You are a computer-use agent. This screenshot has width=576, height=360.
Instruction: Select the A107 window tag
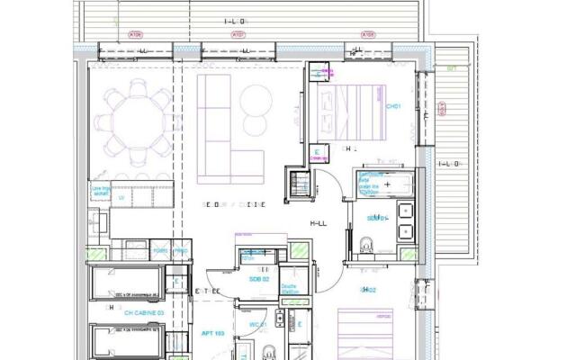pyautogui.click(x=238, y=35)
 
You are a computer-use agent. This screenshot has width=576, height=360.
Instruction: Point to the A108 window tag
pyautogui.click(x=367, y=35)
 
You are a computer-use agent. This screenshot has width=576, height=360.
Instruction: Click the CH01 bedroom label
pyautogui.click(x=393, y=105)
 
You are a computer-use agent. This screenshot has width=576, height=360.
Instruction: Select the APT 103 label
pyautogui.click(x=211, y=333)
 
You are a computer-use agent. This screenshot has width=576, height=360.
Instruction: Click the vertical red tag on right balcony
pyautogui.click(x=442, y=109)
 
